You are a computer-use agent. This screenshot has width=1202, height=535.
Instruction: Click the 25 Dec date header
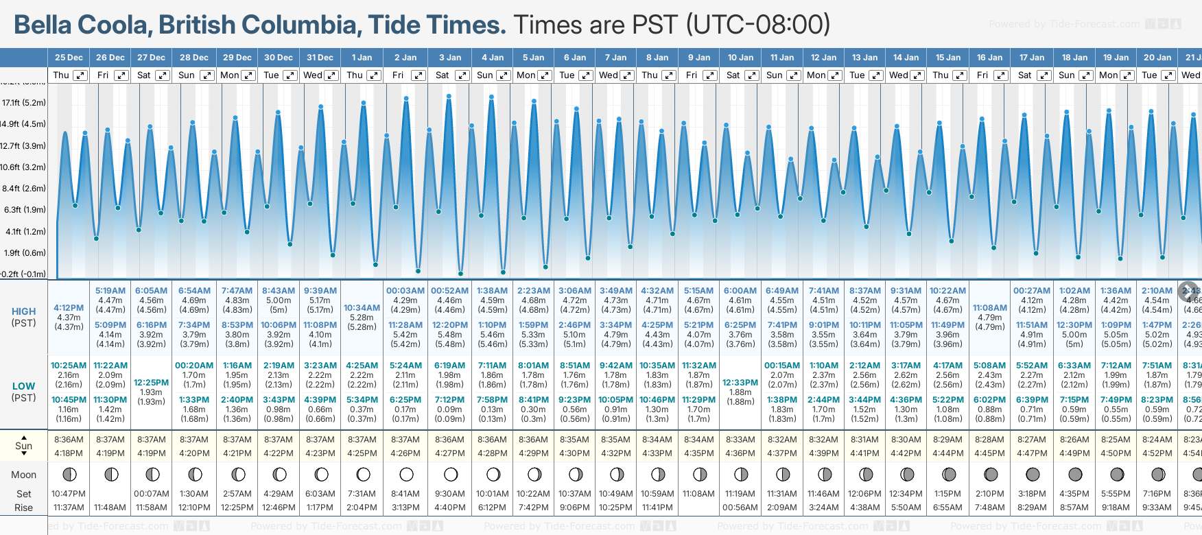[x=69, y=58]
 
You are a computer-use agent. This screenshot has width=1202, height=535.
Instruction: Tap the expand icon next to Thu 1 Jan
[x=373, y=75]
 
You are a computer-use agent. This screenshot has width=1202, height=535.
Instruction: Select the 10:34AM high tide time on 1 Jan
[x=362, y=308]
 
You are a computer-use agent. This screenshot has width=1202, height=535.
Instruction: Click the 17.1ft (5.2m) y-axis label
[x=24, y=103]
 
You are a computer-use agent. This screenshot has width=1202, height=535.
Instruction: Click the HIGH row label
[x=23, y=311]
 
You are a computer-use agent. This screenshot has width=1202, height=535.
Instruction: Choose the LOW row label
[x=23, y=386]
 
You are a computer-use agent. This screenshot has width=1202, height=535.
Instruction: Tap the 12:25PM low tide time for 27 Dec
[x=151, y=383]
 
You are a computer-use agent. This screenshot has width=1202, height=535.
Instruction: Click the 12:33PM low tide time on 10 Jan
[x=740, y=383]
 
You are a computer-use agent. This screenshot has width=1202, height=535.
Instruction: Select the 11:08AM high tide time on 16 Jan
[x=989, y=308]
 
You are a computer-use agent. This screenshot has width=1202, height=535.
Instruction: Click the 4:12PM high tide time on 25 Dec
[x=69, y=308]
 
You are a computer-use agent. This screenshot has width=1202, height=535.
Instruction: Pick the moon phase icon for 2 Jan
[x=406, y=474]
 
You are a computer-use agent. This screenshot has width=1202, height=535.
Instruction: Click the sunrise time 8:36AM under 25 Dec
[x=69, y=440]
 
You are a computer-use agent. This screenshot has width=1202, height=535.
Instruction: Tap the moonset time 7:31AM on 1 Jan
[x=362, y=494]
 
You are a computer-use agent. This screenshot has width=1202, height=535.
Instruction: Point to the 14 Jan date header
[x=907, y=58]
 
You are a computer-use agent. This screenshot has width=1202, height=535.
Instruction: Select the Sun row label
[x=23, y=446]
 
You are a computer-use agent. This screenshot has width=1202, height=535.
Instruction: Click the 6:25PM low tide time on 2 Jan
[x=405, y=400]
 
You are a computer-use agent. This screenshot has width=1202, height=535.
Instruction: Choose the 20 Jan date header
[x=1157, y=58]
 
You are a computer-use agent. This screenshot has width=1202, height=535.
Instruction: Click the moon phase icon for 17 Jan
[x=1033, y=474]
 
